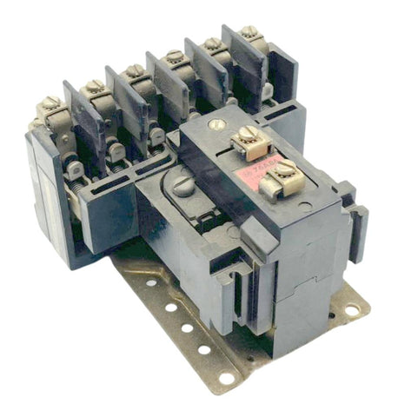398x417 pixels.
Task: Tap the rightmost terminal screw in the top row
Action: (x=249, y=32)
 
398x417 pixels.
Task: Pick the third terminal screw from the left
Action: (x=135, y=69)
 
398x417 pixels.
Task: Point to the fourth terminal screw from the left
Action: (x=176, y=56)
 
